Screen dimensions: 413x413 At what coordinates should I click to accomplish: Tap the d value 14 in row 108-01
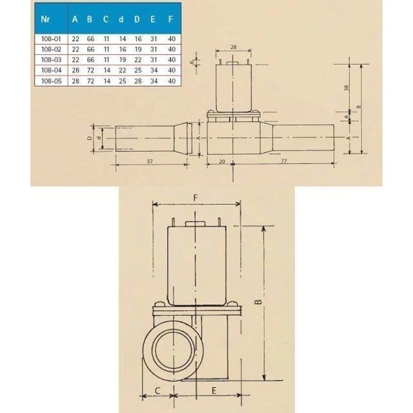point(120,38)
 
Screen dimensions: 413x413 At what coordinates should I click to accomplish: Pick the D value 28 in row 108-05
point(137,81)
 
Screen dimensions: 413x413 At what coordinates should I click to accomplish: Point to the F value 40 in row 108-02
point(172,49)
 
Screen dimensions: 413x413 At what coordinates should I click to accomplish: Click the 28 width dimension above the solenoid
point(233,46)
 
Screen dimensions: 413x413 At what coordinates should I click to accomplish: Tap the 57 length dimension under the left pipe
point(150,162)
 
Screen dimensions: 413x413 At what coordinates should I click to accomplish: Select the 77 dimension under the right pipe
point(283,162)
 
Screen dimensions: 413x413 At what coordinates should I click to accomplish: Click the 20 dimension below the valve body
point(222,162)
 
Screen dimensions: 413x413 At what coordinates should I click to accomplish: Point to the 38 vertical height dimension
point(346,87)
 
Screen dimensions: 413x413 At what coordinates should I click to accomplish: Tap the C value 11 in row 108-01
point(105,38)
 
